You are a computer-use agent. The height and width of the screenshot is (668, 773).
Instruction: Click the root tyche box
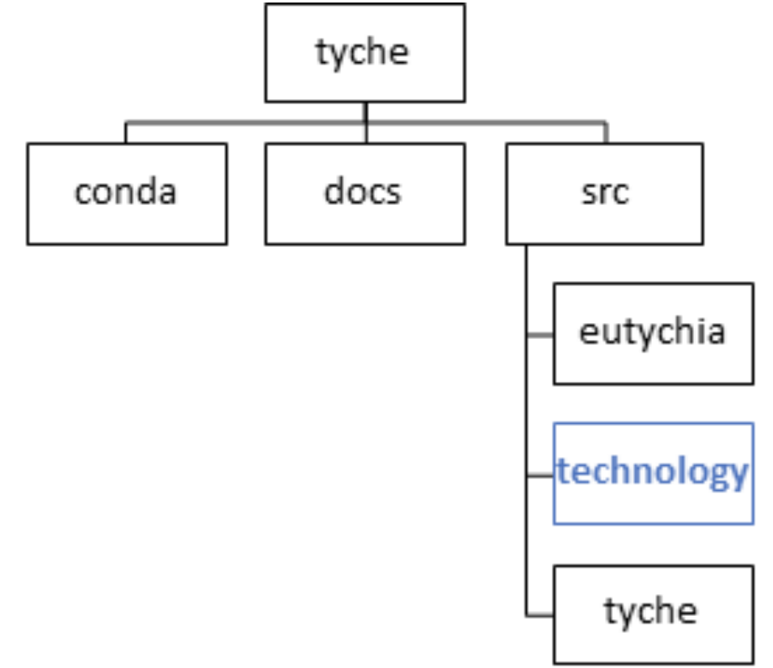pyautogui.click(x=365, y=53)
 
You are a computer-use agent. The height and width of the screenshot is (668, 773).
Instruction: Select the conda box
pyautogui.click(x=126, y=193)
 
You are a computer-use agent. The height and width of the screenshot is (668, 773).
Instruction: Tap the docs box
pyautogui.click(x=365, y=193)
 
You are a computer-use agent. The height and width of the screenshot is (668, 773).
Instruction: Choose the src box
pyautogui.click(x=604, y=193)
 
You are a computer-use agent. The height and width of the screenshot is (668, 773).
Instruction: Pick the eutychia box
pyautogui.click(x=653, y=333)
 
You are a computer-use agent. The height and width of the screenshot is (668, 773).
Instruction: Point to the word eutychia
pyautogui.click(x=652, y=332)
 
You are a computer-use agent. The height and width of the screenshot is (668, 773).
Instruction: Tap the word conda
pyautogui.click(x=126, y=192)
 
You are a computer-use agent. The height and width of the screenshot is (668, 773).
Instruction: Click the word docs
pyautogui.click(x=362, y=192)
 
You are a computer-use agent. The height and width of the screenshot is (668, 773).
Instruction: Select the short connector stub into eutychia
pyautogui.click(x=539, y=335)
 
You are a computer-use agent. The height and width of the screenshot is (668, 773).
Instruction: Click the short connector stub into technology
pyautogui.click(x=539, y=475)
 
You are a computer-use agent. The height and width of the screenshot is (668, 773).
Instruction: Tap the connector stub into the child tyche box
pyautogui.click(x=539, y=616)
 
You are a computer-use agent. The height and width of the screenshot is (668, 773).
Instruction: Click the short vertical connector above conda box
pyautogui.click(x=126, y=133)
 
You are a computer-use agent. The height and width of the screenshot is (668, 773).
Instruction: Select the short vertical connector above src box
pyautogui.click(x=605, y=133)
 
